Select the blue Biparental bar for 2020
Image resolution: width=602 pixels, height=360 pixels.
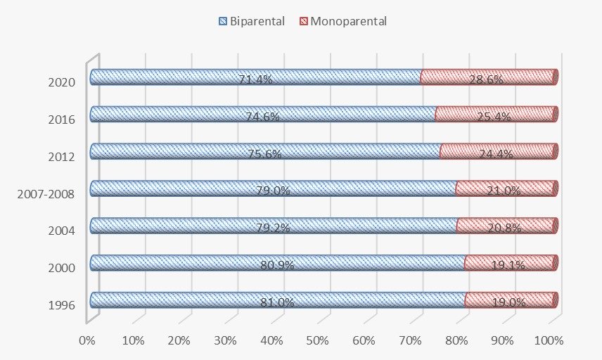tap(176, 77)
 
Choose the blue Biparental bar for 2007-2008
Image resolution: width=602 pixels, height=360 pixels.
tap(176, 188)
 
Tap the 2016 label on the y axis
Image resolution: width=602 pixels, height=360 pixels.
tap(62, 118)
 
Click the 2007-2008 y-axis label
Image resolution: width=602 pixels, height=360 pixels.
tap(46, 193)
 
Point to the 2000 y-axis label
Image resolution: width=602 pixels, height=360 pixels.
tap(62, 267)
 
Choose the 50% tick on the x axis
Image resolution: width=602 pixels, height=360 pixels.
tap(318, 341)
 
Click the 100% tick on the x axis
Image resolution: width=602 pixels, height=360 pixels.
tap(549, 341)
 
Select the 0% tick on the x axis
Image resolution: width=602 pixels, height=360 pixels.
tap(87, 341)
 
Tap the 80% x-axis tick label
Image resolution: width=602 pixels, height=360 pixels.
tap(456, 341)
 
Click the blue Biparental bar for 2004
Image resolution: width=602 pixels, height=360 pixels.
tap(176, 225)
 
